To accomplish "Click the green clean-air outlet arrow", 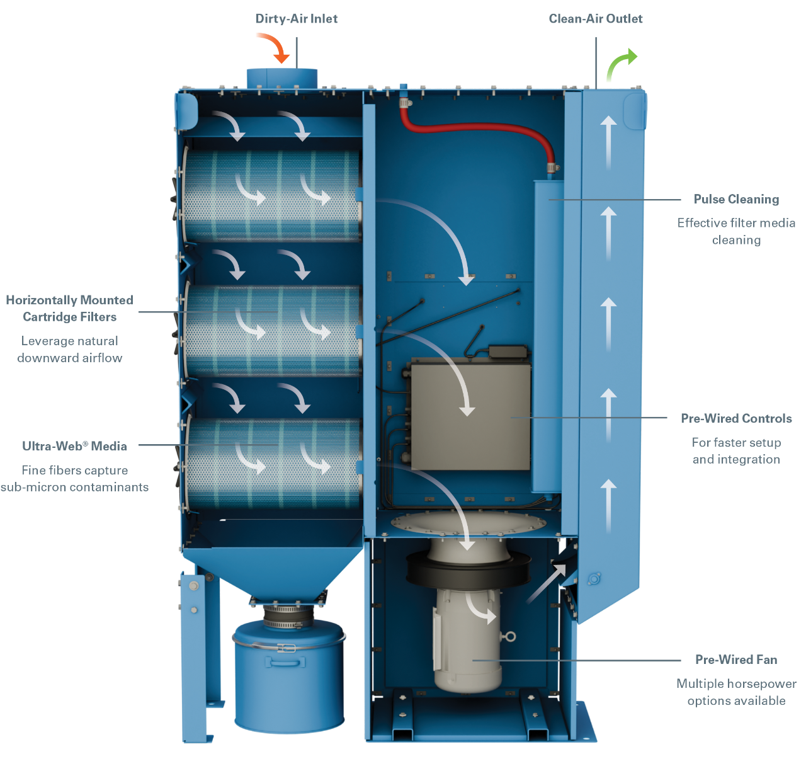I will pos(620,66).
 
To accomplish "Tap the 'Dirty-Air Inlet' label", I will pos(296,19).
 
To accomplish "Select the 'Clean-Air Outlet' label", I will pos(596,19).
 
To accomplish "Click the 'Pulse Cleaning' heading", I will pos(736,200).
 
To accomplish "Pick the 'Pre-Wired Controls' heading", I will pos(736,418).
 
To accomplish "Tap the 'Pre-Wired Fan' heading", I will pos(736,660).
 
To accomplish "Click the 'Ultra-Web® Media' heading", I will pos(74,446).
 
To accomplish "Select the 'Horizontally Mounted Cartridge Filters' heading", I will pos(69,309).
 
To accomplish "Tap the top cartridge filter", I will pos(271,195).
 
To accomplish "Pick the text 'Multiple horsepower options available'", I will pos(736,692).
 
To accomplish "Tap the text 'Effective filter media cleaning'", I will pos(736,231).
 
